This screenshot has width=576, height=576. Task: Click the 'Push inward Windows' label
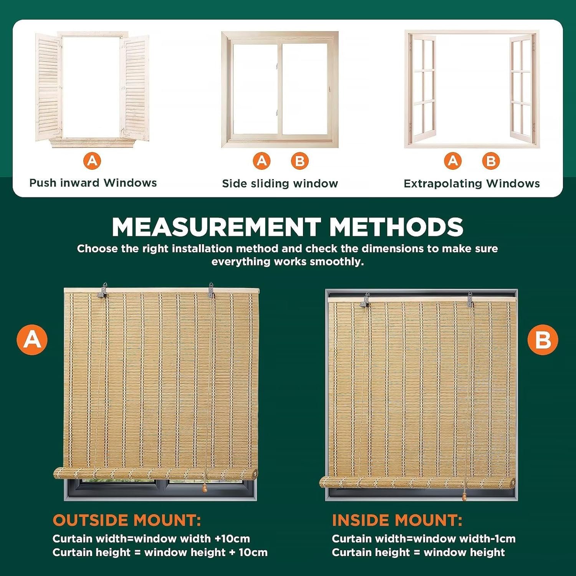coord(93,183)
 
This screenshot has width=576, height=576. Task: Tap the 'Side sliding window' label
coord(280,184)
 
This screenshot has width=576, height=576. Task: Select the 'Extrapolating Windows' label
coord(472,184)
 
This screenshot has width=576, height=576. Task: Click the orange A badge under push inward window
coord(92,161)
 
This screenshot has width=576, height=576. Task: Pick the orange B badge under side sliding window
coord(300,161)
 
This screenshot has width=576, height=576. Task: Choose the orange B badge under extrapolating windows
coord(491,161)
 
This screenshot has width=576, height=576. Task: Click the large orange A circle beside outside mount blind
coord(32,339)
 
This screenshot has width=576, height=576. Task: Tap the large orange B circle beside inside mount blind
coord(543,339)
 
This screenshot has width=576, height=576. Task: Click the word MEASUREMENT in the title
coord(217,227)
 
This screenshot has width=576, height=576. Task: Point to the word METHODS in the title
coord(396,227)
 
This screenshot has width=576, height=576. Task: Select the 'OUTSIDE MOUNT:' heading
coord(127,520)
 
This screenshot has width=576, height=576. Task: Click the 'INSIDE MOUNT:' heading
coord(397,520)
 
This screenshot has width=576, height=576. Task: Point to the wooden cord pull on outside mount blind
coord(205,488)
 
